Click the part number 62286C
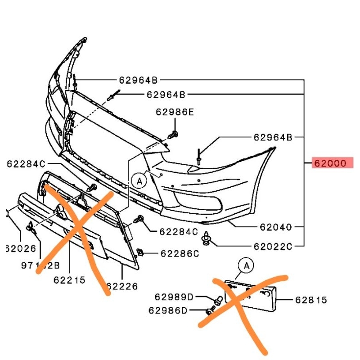point(180,254)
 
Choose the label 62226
point(121,286)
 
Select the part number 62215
point(69,280)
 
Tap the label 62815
point(311,300)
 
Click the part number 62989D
point(174,297)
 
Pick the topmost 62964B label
point(139,81)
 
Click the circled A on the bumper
point(139,181)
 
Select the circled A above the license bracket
point(246,265)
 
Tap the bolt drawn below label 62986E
point(173,134)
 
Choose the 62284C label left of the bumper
point(26,164)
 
